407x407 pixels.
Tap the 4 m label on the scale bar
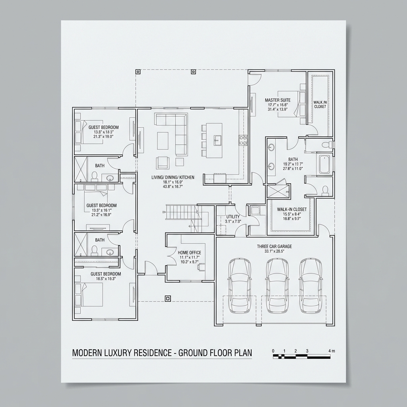pyautogui.click(x=332, y=351)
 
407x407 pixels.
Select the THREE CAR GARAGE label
pyautogui.click(x=274, y=246)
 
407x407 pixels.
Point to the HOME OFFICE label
pyautogui.click(x=190, y=252)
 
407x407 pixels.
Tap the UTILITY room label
pyautogui.click(x=233, y=217)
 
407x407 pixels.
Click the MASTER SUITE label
pyautogui.click(x=277, y=100)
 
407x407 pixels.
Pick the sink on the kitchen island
pyautogui.click(x=217, y=139)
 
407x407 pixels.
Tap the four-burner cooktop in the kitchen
pyautogui.click(x=243, y=140)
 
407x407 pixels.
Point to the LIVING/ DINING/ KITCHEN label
pyautogui.click(x=173, y=177)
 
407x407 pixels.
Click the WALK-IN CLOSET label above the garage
pyautogui.click(x=292, y=209)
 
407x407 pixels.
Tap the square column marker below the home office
pyautogui.click(x=168, y=298)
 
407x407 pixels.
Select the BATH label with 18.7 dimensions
pyautogui.click(x=293, y=159)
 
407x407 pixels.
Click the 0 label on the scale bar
pyautogui.click(x=273, y=351)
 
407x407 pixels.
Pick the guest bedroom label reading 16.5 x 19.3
pyautogui.click(x=106, y=274)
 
